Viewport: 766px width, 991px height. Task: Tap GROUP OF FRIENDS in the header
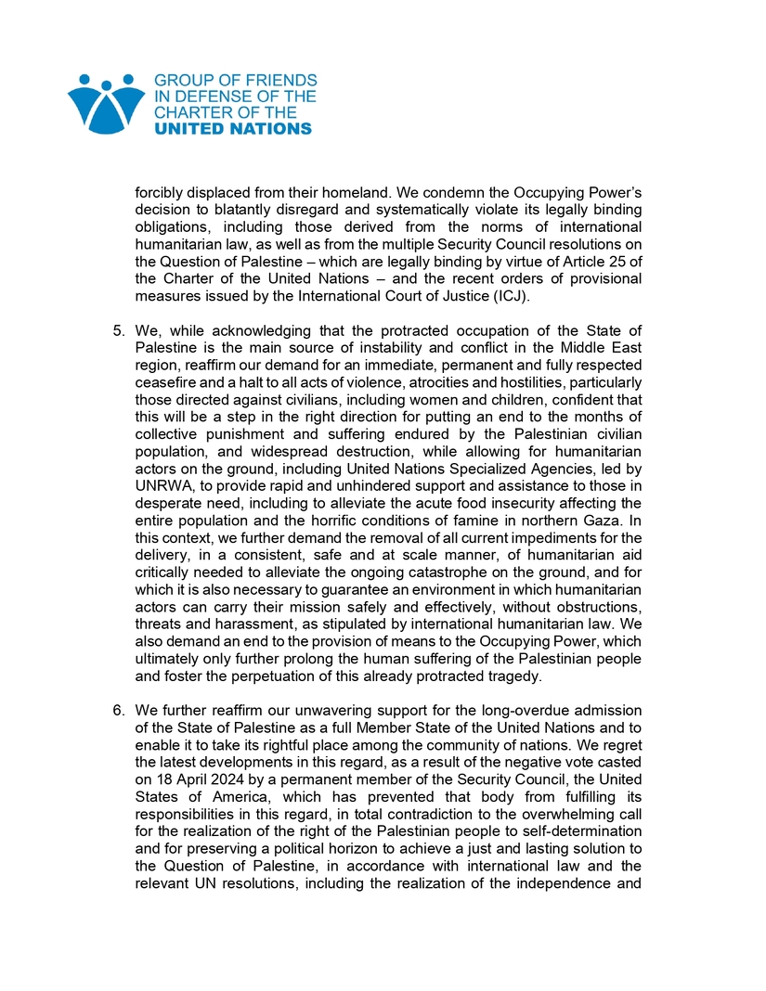coord(235,81)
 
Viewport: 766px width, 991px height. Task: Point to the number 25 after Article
coord(615,261)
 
